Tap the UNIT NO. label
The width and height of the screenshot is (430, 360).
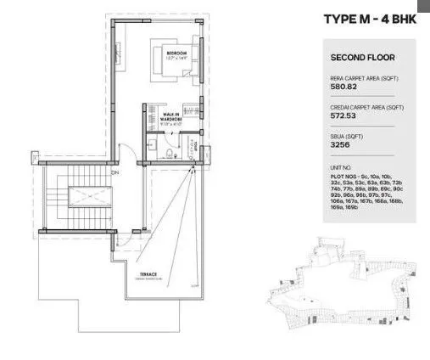(x=340, y=167)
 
